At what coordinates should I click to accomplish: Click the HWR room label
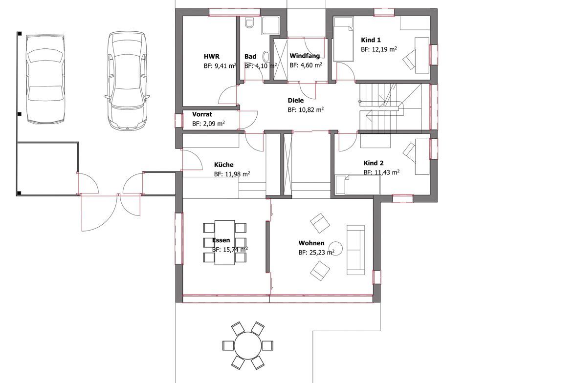[x=212, y=57]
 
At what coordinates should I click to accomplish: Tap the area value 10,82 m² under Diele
[x=306, y=109]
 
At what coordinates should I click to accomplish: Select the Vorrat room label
[x=202, y=114]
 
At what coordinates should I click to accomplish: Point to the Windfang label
[x=305, y=56]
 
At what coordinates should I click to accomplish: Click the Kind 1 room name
[x=371, y=40]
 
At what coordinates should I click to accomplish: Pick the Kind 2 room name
[x=374, y=163]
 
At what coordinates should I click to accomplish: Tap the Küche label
[x=224, y=165]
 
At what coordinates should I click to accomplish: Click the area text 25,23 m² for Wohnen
[x=316, y=253]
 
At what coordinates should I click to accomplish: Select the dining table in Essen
[x=225, y=242]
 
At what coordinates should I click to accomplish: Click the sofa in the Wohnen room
[x=356, y=250]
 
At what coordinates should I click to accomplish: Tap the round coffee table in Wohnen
[x=336, y=248]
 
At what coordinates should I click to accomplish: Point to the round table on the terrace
[x=248, y=345]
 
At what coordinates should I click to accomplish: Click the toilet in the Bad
[x=250, y=23]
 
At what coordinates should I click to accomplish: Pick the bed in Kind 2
[x=358, y=185]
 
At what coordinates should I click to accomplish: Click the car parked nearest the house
[x=127, y=80]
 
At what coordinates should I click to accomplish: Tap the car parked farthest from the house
[x=45, y=79]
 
